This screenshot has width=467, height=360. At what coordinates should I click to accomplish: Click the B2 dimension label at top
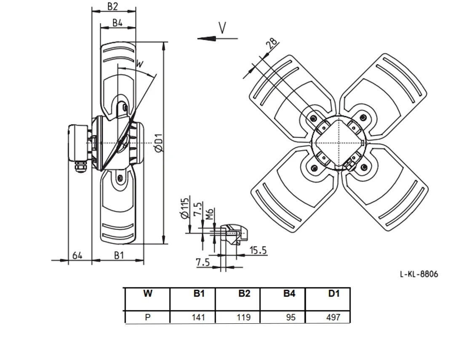[x=112, y=6]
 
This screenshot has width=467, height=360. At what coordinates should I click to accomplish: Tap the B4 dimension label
[x=117, y=23]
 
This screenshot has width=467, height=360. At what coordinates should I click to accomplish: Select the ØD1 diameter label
[x=159, y=143]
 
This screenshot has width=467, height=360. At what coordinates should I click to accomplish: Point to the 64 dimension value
[x=77, y=256]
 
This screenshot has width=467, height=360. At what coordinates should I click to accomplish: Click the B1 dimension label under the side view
[x=119, y=256]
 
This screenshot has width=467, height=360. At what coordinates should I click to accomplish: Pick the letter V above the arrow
[x=222, y=28]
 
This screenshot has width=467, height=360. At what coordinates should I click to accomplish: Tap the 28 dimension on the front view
[x=272, y=43]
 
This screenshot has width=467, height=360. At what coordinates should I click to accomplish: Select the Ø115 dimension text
[x=185, y=208]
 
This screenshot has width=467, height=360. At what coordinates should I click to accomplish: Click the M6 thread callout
[x=210, y=214]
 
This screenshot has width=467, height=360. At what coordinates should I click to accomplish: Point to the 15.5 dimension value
[x=258, y=251]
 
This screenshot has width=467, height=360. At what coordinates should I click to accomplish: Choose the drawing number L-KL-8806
[x=419, y=274]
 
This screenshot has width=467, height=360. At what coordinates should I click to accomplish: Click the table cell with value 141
[x=198, y=317]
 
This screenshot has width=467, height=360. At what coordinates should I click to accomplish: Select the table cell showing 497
[x=333, y=317]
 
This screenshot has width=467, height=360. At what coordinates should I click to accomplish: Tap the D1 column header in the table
[x=334, y=293]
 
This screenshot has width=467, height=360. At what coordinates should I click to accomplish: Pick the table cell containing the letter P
[x=148, y=317]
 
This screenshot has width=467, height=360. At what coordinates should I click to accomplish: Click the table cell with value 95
[x=291, y=317]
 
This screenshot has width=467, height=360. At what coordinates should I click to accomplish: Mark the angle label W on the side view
[x=139, y=64]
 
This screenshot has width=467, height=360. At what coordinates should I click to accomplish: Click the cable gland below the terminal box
[x=80, y=167]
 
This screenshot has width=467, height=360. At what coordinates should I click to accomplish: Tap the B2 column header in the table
[x=244, y=293]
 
